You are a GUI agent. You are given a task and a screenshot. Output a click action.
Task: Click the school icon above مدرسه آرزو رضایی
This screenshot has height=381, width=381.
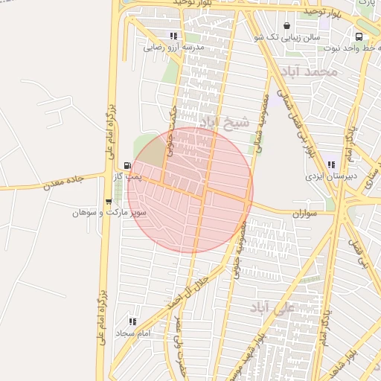(x=173, y=36)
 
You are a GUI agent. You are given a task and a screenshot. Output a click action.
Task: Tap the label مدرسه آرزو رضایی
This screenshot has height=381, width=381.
(x=173, y=47)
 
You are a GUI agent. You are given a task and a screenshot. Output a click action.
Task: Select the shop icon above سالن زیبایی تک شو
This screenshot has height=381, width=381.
(x=286, y=26)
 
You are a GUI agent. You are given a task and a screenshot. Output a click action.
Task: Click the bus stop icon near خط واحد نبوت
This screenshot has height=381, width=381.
(x=359, y=36)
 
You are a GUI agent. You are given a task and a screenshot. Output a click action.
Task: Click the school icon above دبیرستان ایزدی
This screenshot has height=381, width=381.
(x=331, y=165)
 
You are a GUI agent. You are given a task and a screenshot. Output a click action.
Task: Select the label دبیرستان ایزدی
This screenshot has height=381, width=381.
(x=331, y=177)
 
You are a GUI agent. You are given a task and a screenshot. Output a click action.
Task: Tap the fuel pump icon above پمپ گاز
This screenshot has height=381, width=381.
(x=128, y=166)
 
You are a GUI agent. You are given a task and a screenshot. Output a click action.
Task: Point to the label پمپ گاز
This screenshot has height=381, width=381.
(x=127, y=177)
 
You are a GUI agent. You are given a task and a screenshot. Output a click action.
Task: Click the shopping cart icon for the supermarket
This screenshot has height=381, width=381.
(x=109, y=202)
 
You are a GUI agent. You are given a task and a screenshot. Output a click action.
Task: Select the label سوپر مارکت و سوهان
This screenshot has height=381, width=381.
(x=109, y=213)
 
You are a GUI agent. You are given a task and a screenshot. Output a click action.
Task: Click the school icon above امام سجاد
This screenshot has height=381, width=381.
(x=132, y=321)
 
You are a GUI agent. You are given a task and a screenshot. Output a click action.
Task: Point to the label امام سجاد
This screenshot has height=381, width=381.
(x=134, y=333)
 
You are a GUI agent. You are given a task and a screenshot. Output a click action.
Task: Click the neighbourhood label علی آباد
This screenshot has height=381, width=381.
(x=273, y=307)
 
